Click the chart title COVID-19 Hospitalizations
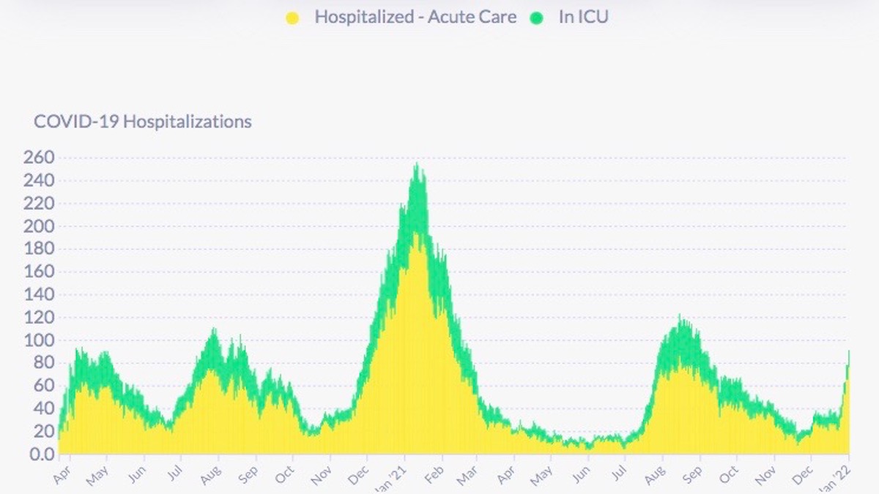[x=143, y=121]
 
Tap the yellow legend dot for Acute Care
[x=292, y=18]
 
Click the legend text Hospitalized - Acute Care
[x=415, y=17]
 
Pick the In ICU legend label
[x=583, y=17]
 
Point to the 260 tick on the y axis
[x=39, y=158]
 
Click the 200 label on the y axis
[x=39, y=226]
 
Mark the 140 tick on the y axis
[x=39, y=295]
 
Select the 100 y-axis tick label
[x=39, y=340]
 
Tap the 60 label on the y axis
[x=42, y=386]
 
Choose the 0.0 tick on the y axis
[x=41, y=454]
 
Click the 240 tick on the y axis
[x=39, y=181]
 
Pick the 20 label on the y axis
[x=42, y=432]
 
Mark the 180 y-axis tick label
[x=39, y=250]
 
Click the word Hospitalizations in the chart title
[x=188, y=121]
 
